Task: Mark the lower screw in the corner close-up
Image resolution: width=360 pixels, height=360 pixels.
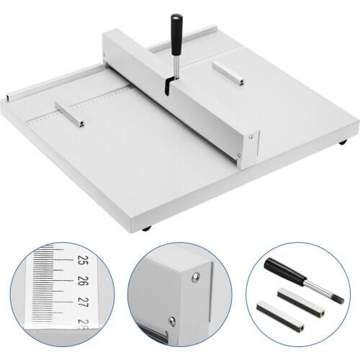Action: (171, 321)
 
